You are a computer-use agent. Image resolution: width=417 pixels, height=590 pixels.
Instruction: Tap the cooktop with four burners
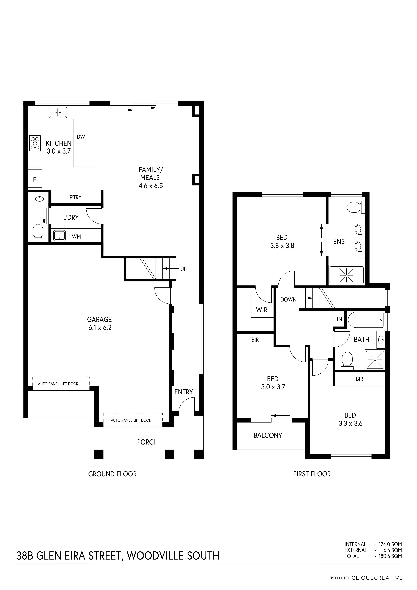(35, 143)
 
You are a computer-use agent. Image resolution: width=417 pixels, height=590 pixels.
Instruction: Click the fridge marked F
(35, 178)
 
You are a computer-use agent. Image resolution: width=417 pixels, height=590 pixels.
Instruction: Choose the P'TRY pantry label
(75, 197)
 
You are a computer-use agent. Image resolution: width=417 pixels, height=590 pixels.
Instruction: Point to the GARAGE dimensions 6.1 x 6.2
(100, 328)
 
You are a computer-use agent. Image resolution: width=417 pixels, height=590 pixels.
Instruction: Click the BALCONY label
(268, 435)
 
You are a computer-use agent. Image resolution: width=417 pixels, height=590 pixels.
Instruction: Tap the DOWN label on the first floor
(288, 300)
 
